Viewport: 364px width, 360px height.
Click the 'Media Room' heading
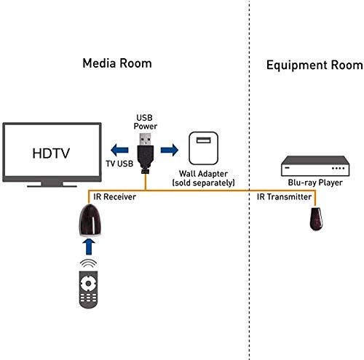[x=117, y=63]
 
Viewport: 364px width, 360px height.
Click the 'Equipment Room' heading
[x=314, y=65]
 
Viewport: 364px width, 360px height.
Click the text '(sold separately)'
[x=205, y=184]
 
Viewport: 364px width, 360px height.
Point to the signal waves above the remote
[x=87, y=263]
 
